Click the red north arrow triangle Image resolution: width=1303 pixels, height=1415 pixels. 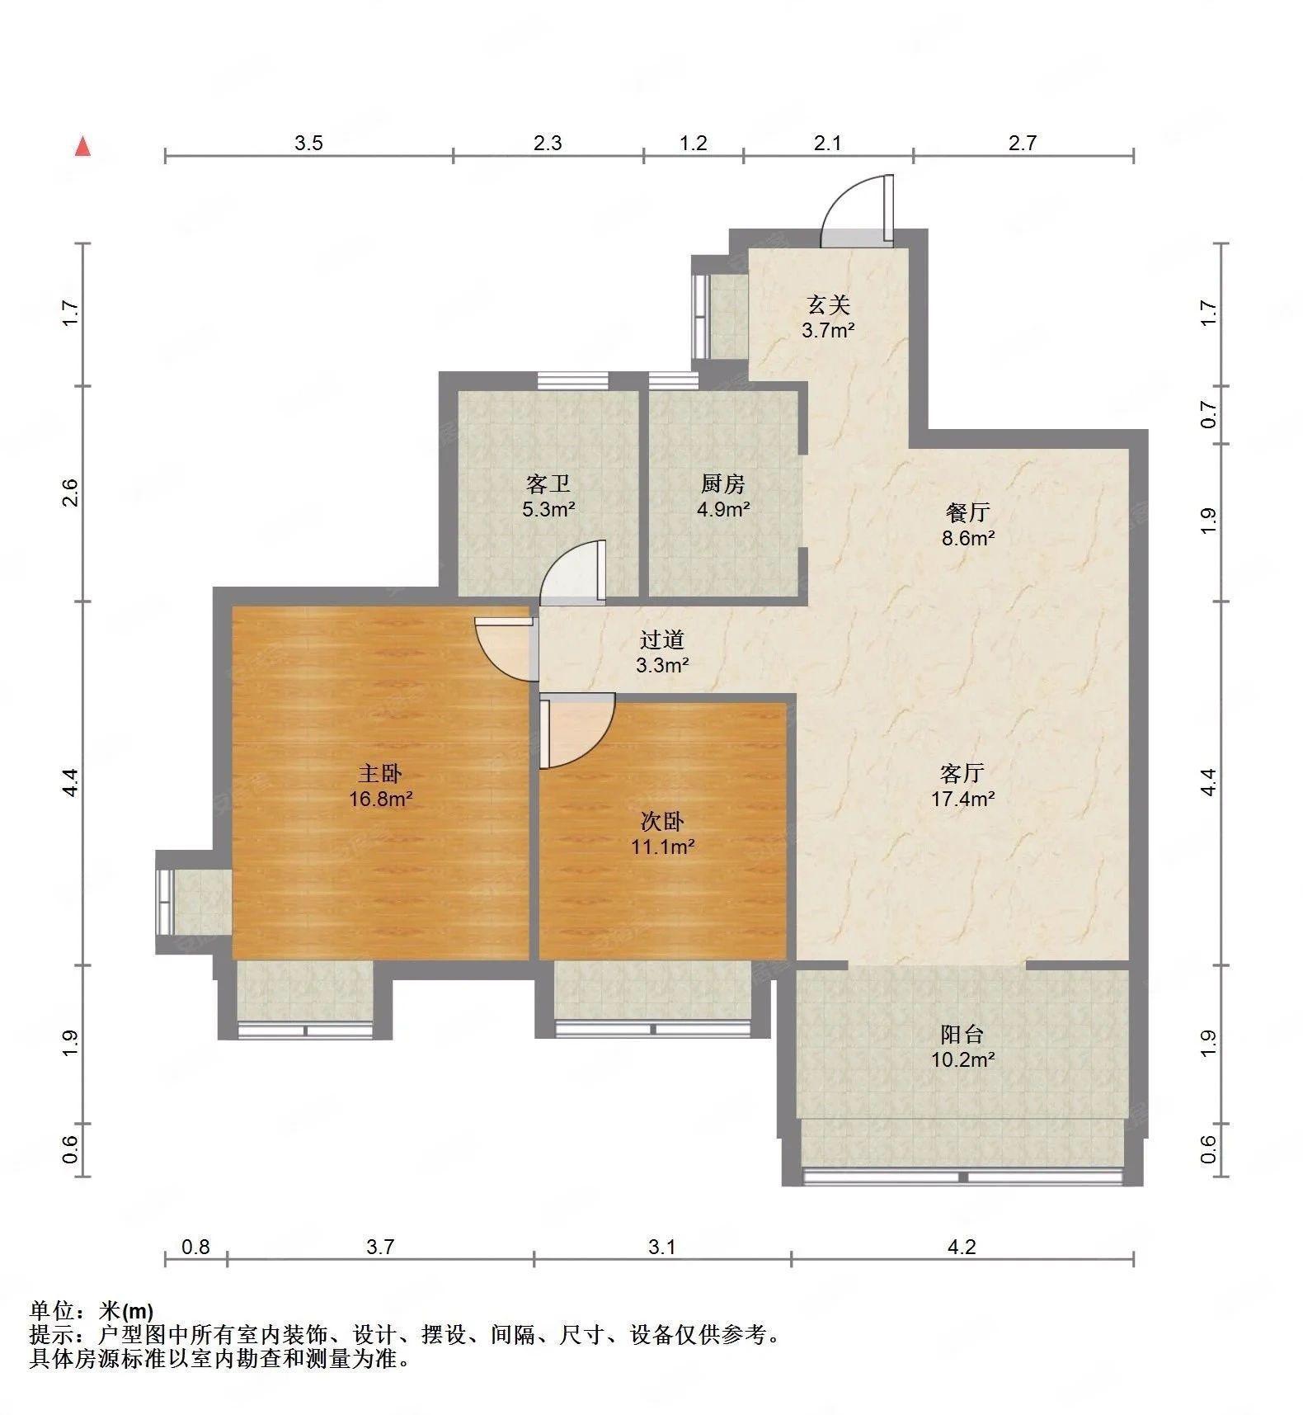(82, 147)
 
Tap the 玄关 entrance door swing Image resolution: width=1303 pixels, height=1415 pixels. (858, 210)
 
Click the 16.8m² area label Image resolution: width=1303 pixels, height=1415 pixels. (380, 799)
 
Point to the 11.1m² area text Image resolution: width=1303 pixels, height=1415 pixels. (662, 847)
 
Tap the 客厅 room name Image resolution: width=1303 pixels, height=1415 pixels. (962, 773)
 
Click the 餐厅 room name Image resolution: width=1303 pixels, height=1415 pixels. (967, 512)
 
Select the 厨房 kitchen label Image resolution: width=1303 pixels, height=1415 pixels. (723, 483)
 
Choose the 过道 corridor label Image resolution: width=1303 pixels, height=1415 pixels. (662, 639)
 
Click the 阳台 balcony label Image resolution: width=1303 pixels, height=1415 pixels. (962, 1034)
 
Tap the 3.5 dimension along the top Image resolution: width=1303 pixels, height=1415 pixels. (308, 143)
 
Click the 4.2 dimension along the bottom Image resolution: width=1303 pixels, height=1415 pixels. (962, 1247)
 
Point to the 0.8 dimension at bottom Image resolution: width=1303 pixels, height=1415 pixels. (195, 1247)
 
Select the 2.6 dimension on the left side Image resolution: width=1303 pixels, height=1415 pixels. (70, 493)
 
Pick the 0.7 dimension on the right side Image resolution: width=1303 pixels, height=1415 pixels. (1208, 414)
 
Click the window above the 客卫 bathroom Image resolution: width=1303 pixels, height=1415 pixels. (572, 380)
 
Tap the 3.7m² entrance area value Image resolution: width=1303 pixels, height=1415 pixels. (828, 331)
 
